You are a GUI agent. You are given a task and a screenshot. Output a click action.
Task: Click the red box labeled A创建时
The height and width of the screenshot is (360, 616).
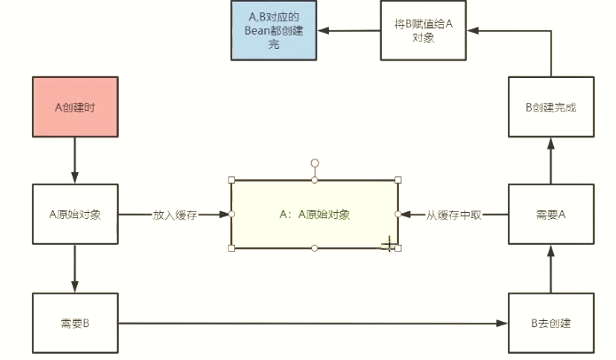click(74, 107)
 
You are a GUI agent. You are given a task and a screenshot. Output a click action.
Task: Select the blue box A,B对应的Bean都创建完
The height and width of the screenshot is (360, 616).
click(274, 30)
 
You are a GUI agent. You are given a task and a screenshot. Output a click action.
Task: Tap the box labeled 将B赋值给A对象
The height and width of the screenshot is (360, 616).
click(423, 30)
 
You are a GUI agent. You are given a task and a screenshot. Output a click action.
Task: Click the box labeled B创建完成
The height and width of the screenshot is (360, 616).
click(550, 106)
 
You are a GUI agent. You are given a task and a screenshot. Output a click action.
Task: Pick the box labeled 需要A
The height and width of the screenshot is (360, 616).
click(550, 214)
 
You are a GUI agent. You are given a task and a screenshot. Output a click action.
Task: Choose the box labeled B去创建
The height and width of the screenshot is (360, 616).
click(550, 323)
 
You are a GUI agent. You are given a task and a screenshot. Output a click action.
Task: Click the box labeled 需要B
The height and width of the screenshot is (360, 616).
click(74, 323)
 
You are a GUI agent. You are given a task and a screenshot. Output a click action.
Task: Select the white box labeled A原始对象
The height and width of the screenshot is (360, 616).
click(74, 214)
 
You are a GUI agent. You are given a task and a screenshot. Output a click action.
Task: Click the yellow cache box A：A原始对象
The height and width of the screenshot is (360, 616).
click(315, 215)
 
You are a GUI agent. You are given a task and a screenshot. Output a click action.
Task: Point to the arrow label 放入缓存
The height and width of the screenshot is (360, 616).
click(175, 215)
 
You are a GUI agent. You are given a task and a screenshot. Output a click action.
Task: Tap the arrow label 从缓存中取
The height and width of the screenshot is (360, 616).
click(453, 215)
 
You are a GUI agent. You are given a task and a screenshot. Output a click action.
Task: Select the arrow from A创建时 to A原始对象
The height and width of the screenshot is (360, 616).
click(74, 160)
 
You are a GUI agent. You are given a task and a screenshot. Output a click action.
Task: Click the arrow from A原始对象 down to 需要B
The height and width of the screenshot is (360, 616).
click(74, 268)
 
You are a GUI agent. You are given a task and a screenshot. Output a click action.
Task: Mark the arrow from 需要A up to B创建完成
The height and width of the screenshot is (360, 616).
click(550, 160)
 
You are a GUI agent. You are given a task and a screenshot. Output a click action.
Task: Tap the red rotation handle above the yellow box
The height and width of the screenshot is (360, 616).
click(315, 163)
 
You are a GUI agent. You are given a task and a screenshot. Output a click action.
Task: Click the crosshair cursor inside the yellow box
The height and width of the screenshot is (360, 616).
click(387, 244)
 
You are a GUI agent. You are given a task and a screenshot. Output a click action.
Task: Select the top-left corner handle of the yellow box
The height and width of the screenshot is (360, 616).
click(231, 180)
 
